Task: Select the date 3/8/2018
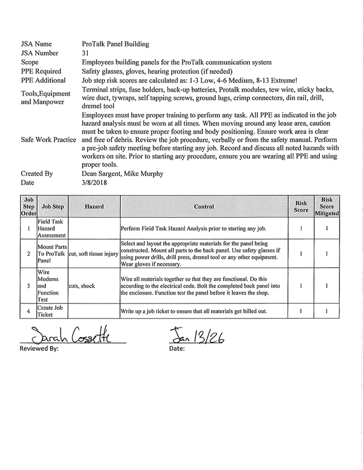94,182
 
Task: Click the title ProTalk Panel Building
115,44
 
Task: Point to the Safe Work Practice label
48,139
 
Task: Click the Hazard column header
94,207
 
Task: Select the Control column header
204,207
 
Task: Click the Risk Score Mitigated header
327,206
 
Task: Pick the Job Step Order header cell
28,206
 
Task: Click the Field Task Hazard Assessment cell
51,229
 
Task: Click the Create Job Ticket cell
51,311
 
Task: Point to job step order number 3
28,286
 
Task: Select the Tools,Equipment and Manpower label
46,98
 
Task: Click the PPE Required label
41,72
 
